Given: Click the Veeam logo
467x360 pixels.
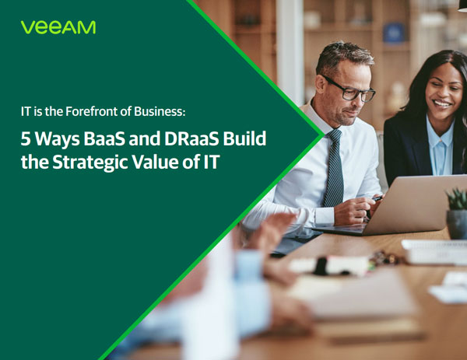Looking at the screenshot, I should pos(58,27).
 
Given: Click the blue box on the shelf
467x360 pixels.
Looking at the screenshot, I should pos(394,33).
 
